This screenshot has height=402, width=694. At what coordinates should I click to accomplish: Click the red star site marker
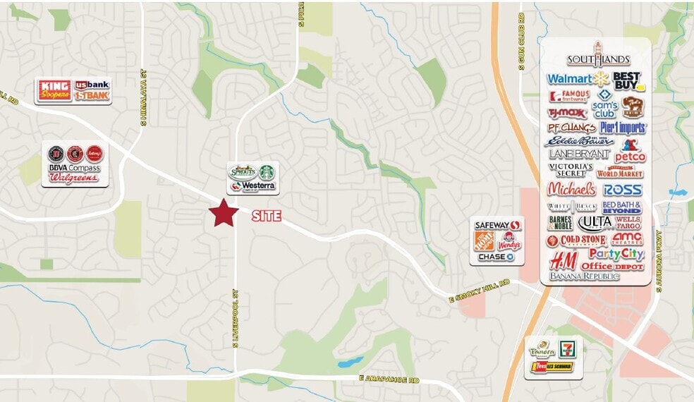[224, 213]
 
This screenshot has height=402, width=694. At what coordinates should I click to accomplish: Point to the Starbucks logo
[267, 172]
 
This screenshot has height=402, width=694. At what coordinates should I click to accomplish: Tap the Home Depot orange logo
[484, 240]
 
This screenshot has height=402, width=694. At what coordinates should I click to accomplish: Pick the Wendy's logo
[509, 241]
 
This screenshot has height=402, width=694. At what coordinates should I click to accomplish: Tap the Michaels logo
[571, 189]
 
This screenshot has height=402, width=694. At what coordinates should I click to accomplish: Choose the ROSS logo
[622, 190]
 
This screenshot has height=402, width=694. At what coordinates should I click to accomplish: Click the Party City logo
[616, 254]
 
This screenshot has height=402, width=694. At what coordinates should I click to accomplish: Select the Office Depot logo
[612, 267]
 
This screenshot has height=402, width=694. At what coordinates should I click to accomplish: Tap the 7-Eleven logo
[566, 348]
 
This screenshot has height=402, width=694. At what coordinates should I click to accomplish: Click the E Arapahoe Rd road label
[389, 380]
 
